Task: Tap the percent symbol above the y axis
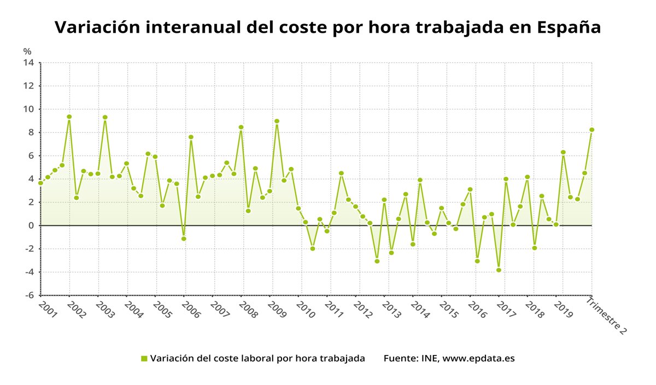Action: tap(27, 51)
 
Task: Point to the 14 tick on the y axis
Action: tap(28, 63)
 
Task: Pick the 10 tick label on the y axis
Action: tap(28, 109)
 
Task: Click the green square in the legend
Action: tap(144, 359)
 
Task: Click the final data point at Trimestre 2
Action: tap(591, 130)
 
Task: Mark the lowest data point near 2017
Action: tap(499, 270)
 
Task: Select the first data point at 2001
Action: tap(40, 183)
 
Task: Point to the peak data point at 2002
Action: tap(69, 117)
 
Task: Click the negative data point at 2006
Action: tap(184, 239)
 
